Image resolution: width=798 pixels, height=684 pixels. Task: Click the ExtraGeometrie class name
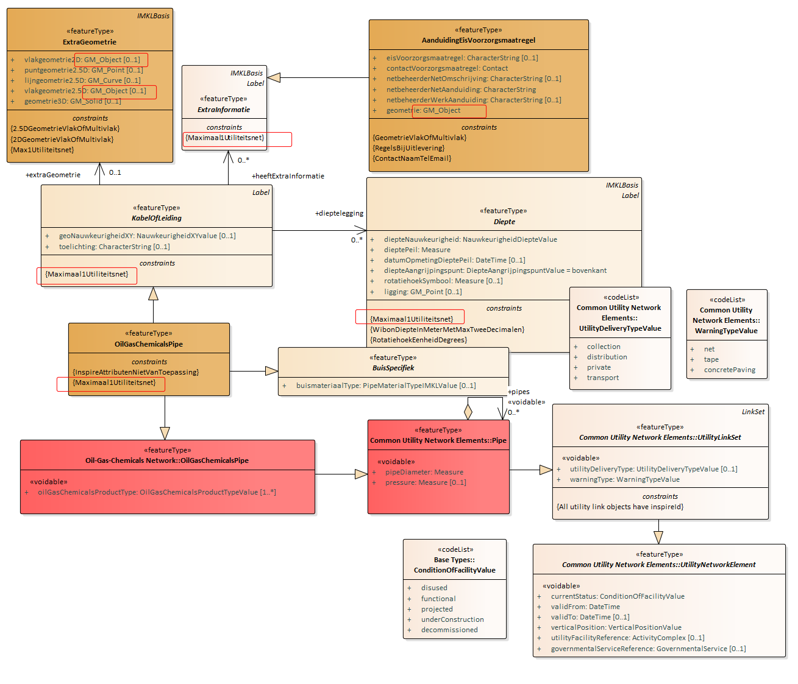click(x=90, y=41)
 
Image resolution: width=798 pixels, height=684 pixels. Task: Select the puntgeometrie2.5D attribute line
click(x=84, y=70)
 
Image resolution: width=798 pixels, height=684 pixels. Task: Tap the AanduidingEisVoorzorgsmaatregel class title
click(x=479, y=40)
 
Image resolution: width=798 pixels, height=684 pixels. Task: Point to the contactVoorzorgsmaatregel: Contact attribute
click(x=447, y=68)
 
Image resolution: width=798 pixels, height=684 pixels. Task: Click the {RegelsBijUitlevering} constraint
click(x=408, y=148)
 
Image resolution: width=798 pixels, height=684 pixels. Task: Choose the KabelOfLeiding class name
click(x=156, y=218)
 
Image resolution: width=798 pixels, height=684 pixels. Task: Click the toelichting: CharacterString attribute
click(x=114, y=247)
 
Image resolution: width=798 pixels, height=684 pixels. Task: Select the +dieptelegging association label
click(x=339, y=213)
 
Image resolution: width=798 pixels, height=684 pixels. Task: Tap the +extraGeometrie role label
click(x=53, y=175)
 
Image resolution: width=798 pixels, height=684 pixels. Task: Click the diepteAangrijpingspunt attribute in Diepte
click(x=495, y=270)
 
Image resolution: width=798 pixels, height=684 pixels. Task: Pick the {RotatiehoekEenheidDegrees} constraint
click(x=418, y=340)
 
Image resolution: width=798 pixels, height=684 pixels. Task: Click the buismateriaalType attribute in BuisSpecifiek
click(x=386, y=386)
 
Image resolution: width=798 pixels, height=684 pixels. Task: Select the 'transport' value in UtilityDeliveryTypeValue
click(x=603, y=378)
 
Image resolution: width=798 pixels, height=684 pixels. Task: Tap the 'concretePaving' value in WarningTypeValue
click(x=729, y=370)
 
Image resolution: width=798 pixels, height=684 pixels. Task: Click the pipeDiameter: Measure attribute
click(x=424, y=472)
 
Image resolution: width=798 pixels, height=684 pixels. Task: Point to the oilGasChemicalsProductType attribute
click(x=157, y=492)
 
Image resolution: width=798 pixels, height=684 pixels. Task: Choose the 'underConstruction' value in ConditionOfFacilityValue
click(x=452, y=619)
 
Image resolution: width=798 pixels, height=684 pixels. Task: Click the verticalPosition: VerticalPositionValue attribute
click(x=616, y=627)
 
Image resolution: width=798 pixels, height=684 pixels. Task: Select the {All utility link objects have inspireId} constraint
click(x=619, y=507)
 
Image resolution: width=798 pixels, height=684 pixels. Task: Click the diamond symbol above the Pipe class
click(x=468, y=412)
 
